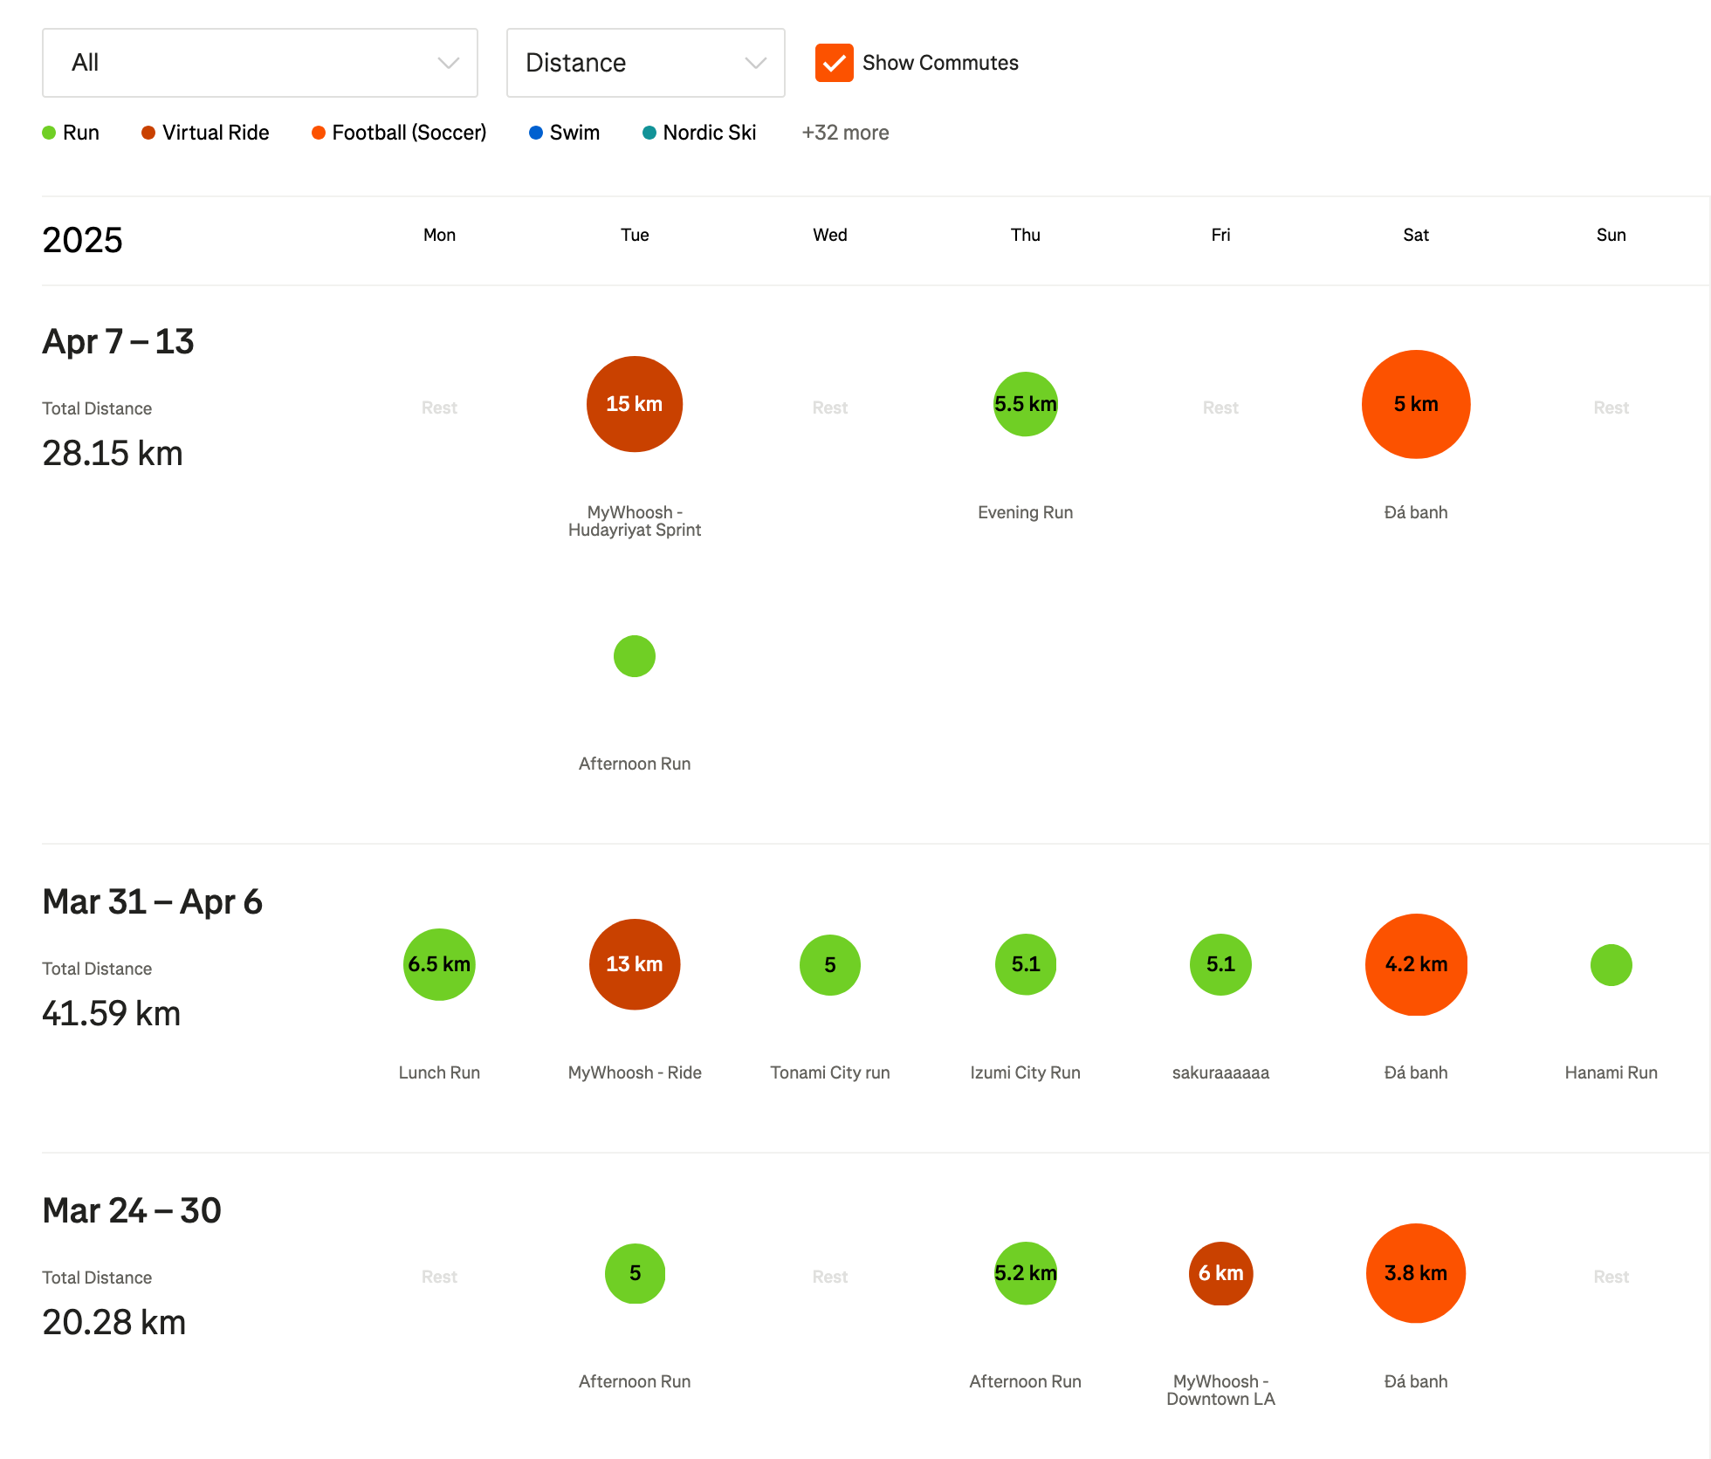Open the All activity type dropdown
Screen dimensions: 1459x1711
(x=259, y=63)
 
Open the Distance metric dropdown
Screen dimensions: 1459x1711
(x=645, y=63)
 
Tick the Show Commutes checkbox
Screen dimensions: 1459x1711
(x=834, y=63)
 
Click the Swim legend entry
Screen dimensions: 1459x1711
(x=565, y=133)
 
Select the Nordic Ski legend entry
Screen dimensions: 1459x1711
(x=699, y=133)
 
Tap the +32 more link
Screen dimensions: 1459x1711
(x=845, y=133)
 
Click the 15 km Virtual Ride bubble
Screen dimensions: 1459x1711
(x=635, y=404)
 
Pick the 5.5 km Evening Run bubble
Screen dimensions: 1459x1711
(x=1025, y=404)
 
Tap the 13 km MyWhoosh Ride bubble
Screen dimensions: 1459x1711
(x=635, y=964)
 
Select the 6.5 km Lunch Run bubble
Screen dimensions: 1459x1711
(x=439, y=964)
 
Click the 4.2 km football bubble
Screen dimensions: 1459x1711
(x=1416, y=964)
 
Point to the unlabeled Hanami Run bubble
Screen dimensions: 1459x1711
(x=1611, y=965)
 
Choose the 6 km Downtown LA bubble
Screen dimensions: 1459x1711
(x=1220, y=1273)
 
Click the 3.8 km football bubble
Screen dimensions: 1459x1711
(x=1416, y=1273)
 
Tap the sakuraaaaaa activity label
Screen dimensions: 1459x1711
(x=1220, y=1072)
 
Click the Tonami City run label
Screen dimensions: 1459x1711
(x=829, y=1072)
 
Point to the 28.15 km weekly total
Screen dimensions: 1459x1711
(x=113, y=454)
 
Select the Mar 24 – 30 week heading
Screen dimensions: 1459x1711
(x=132, y=1210)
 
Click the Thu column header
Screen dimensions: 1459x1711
(x=1025, y=235)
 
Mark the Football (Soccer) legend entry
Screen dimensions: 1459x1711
(x=399, y=133)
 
